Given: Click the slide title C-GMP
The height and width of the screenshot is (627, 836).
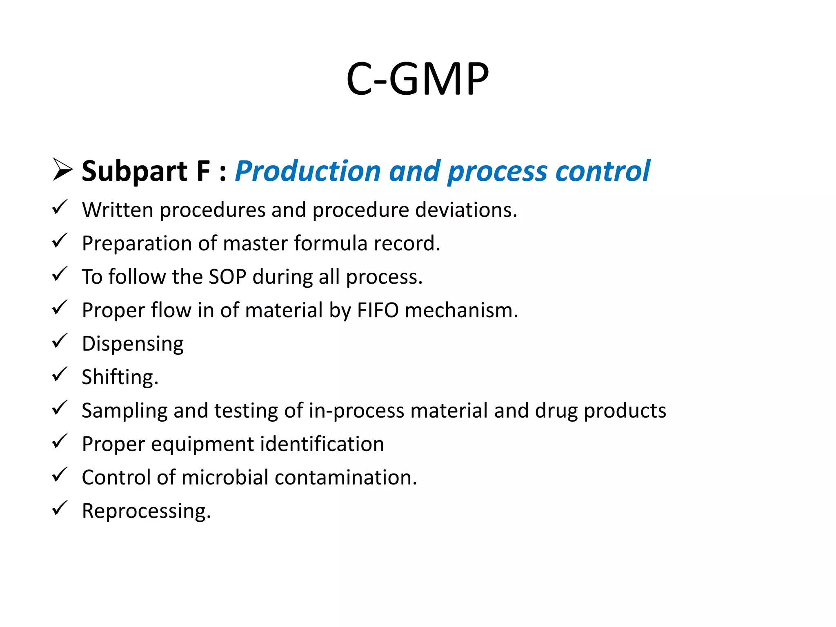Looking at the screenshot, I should (x=417, y=79).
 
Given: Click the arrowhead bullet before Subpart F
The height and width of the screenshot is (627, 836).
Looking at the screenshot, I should (x=62, y=170).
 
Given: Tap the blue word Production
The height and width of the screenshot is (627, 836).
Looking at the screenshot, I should (x=308, y=171).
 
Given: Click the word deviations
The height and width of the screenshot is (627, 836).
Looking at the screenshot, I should (x=466, y=210).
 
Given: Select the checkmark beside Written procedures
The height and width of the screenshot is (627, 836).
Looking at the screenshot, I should (x=60, y=207).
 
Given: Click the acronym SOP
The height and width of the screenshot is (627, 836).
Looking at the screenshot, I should (x=227, y=277).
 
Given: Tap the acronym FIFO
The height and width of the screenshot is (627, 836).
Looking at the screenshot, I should (x=378, y=310).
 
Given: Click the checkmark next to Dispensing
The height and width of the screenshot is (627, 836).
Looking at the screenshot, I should (x=60, y=341).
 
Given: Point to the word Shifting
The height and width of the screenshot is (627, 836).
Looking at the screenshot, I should (x=120, y=377).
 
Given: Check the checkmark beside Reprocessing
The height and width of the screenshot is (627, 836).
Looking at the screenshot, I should (x=60, y=509).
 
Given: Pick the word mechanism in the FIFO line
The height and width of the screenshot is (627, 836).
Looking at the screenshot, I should (x=461, y=310).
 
